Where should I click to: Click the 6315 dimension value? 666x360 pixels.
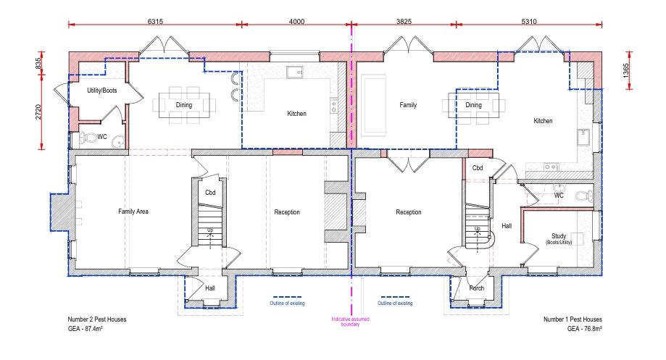[155, 21]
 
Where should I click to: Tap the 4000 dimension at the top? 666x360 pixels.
[296, 21]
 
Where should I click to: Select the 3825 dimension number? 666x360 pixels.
[404, 21]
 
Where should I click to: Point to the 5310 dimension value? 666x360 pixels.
[529, 21]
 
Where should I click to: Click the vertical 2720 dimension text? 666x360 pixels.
[38, 112]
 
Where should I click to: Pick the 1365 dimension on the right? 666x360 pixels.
[625, 70]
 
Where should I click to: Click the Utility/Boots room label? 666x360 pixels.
[102, 91]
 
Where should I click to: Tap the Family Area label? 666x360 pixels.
[133, 212]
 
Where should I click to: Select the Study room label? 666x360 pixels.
[559, 235]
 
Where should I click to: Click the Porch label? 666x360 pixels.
[477, 288]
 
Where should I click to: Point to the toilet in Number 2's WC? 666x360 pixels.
[88, 137]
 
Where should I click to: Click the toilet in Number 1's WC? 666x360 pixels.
[584, 196]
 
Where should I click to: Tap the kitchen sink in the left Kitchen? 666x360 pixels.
[294, 72]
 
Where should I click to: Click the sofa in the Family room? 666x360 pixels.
[373, 105]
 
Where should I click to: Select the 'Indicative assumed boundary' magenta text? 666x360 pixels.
[351, 322]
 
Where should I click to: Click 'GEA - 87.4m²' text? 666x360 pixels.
[86, 329]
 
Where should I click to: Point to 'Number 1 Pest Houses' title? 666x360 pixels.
[573, 319]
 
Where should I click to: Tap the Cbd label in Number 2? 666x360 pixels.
[210, 192]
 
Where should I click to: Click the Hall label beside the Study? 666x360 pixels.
[507, 226]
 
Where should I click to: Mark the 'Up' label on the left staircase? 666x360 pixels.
[210, 230]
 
